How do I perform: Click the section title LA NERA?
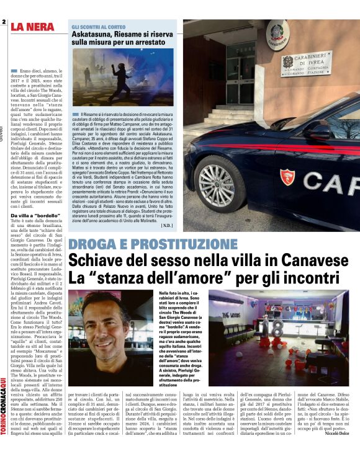click(37, 27)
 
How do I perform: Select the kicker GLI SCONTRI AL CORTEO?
click(99, 27)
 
